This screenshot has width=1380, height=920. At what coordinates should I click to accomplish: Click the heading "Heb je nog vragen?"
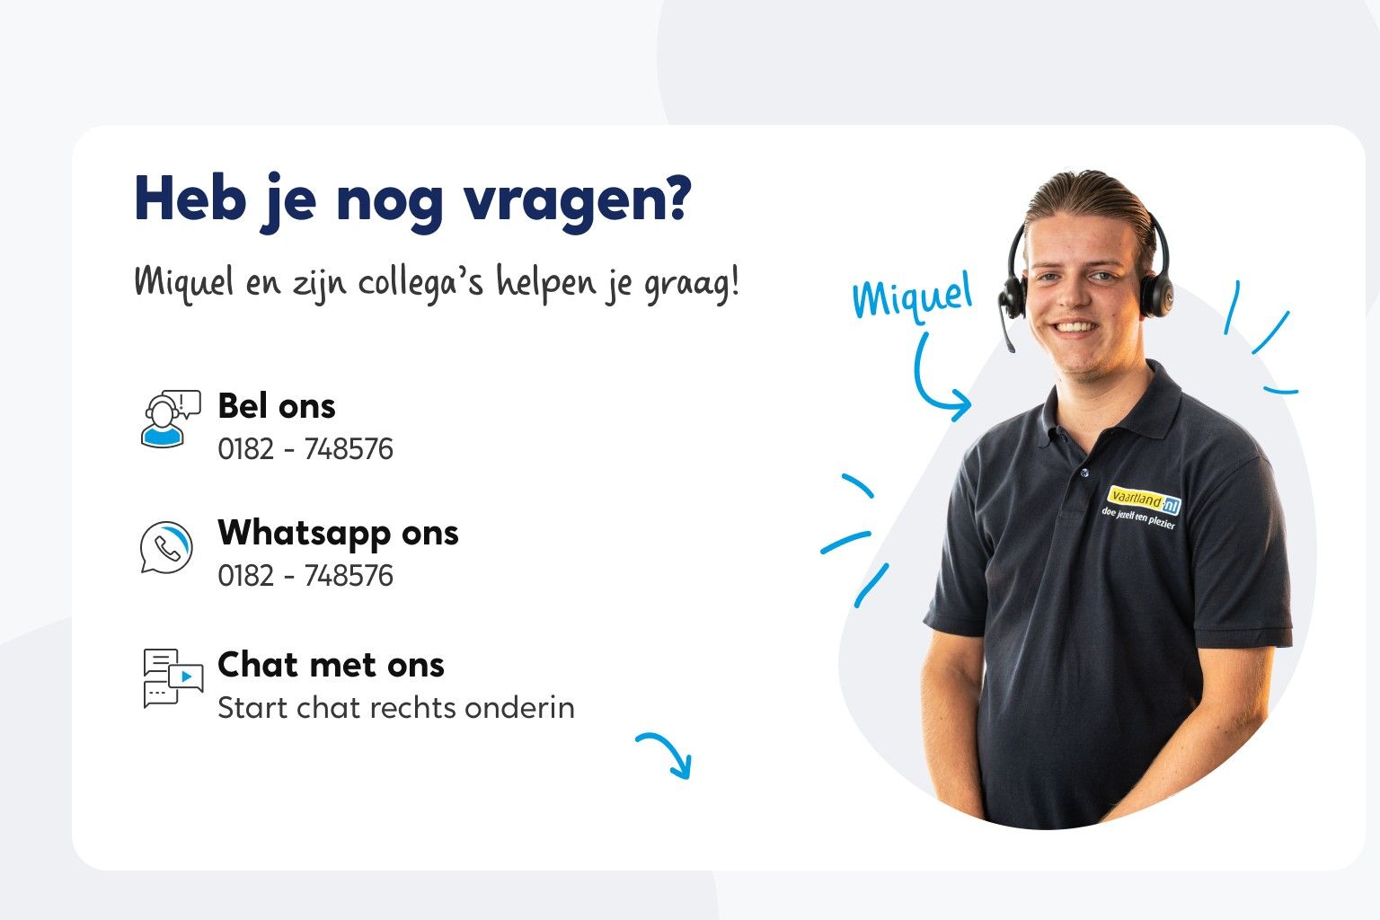[412, 199]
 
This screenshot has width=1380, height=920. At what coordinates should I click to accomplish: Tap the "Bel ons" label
[277, 406]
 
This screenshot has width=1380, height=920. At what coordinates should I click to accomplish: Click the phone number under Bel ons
[305, 448]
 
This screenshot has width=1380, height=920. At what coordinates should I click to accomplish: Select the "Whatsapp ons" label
[338, 533]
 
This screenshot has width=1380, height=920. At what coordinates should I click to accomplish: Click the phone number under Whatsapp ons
[305, 575]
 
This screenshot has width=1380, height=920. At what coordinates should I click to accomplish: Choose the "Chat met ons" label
[331, 665]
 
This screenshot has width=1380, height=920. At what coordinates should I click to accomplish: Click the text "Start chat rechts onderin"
[395, 708]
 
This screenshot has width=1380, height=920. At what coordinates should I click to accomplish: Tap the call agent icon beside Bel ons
[168, 419]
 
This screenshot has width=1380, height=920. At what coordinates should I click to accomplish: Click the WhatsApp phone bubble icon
[166, 546]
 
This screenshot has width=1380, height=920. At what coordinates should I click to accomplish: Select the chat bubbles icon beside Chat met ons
[172, 678]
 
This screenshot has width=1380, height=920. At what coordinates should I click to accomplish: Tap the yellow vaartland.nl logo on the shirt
[1144, 500]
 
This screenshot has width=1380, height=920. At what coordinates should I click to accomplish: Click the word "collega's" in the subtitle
[420, 282]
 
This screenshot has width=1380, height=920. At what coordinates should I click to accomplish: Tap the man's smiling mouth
[1075, 327]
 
